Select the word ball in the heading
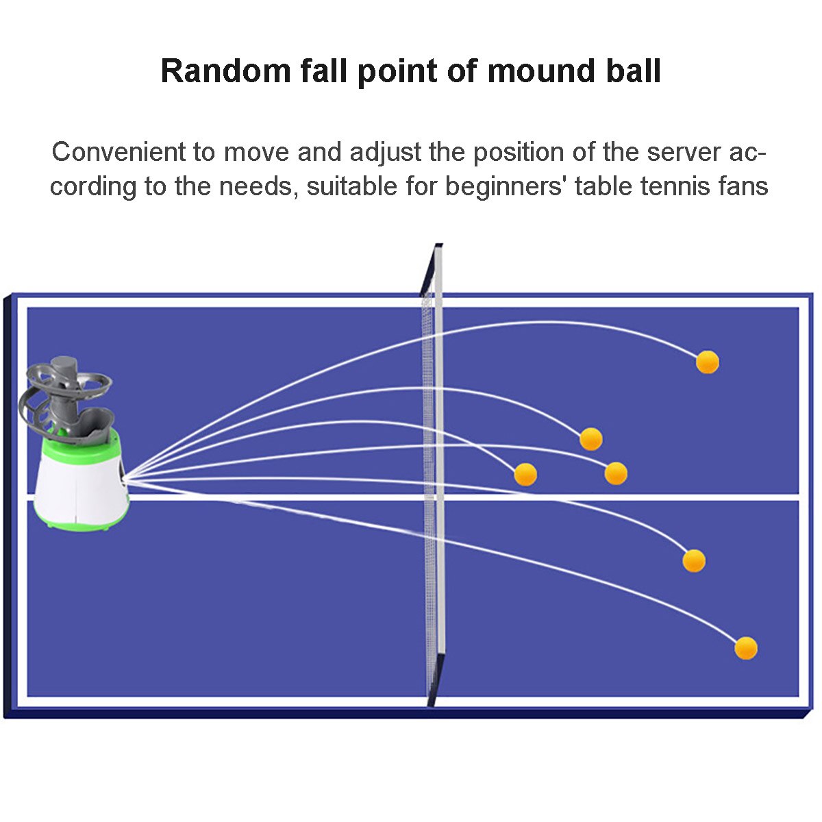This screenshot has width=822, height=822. pyautogui.click(x=627, y=71)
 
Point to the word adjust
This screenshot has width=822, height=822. pyautogui.click(x=385, y=152)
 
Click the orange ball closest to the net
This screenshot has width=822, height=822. pyautogui.click(x=525, y=474)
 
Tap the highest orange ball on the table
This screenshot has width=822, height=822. pyautogui.click(x=708, y=362)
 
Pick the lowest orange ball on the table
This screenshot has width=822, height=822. pyautogui.click(x=746, y=648)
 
